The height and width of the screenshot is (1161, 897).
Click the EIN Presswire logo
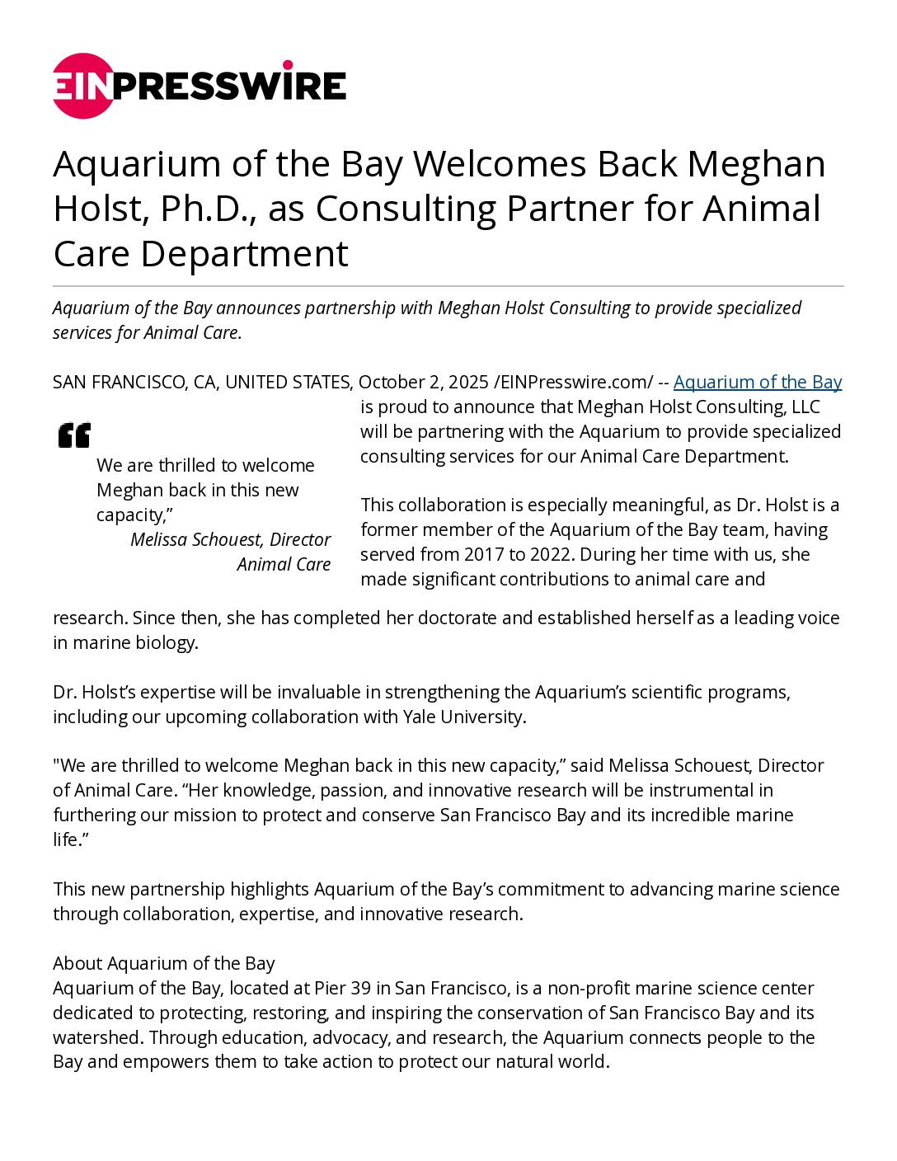click(200, 86)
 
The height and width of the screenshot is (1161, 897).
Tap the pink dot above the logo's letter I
click(288, 65)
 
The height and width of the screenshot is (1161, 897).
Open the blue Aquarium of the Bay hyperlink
click(757, 382)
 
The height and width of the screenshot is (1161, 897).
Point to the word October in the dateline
click(392, 382)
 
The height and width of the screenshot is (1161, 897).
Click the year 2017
click(483, 554)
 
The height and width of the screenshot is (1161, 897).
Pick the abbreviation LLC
click(802, 407)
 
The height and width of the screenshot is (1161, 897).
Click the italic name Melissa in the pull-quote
click(162, 539)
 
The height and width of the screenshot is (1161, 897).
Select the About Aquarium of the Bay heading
click(164, 963)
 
